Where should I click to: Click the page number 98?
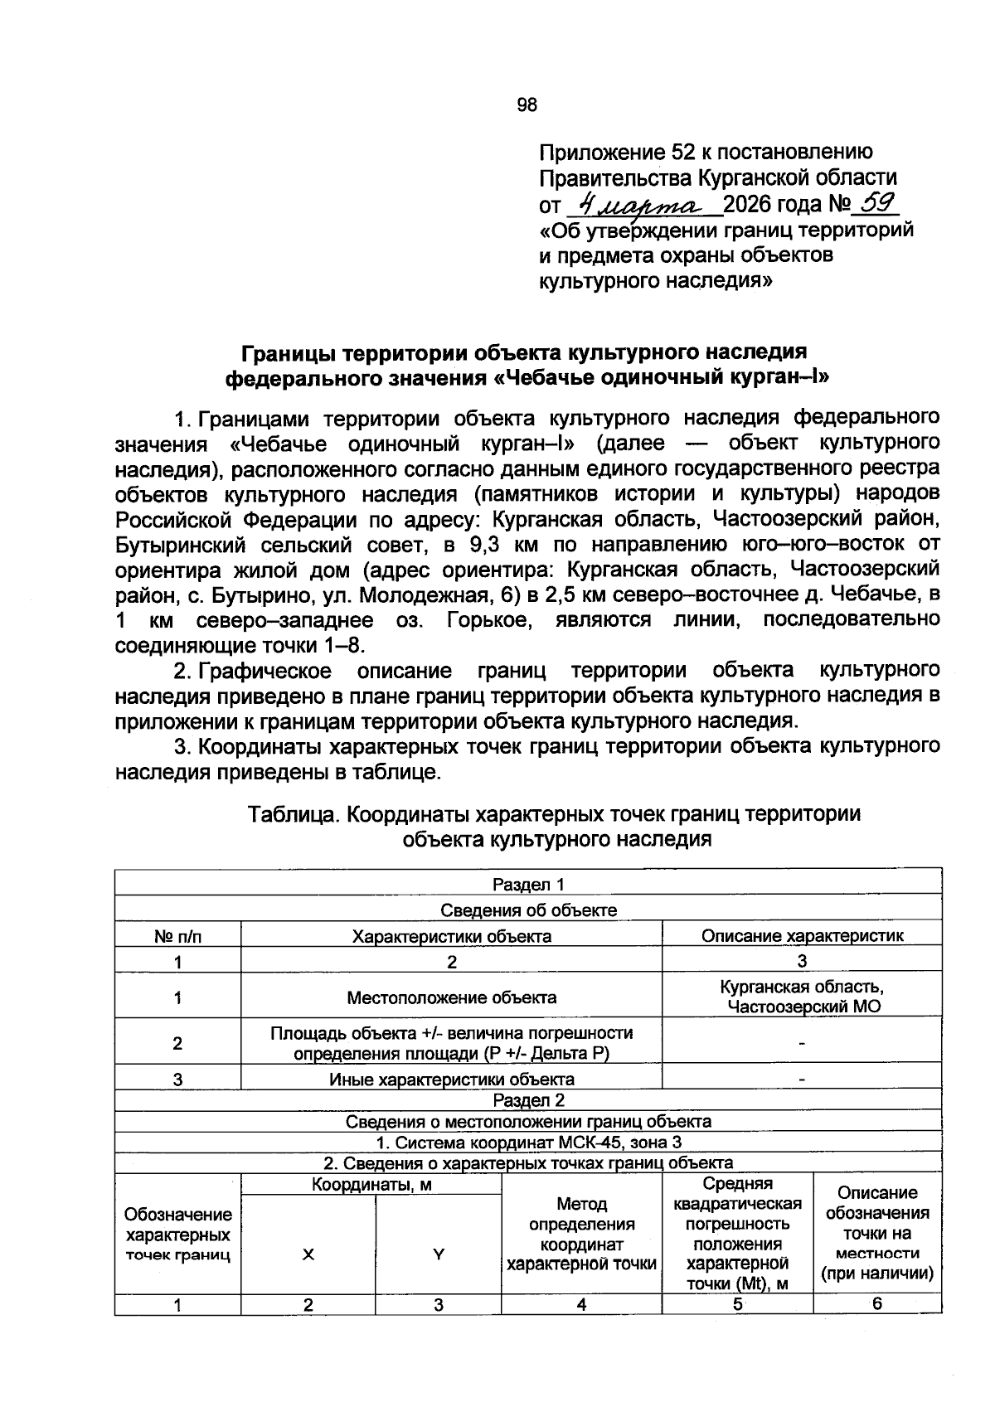(527, 104)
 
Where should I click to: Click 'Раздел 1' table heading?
(528, 885)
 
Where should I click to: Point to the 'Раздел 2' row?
(528, 1100)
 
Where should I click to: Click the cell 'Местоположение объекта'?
(451, 997)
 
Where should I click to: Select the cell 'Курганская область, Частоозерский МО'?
(802, 997)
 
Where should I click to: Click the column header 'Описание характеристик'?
(802, 936)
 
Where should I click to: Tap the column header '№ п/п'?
(177, 936)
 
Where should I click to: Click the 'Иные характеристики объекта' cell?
(451, 1080)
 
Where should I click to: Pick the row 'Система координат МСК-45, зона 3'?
(528, 1143)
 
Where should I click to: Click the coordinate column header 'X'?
(308, 1255)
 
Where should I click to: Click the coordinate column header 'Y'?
(438, 1255)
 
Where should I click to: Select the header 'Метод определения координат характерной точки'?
(581, 1233)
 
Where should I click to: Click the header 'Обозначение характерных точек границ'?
(177, 1235)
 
